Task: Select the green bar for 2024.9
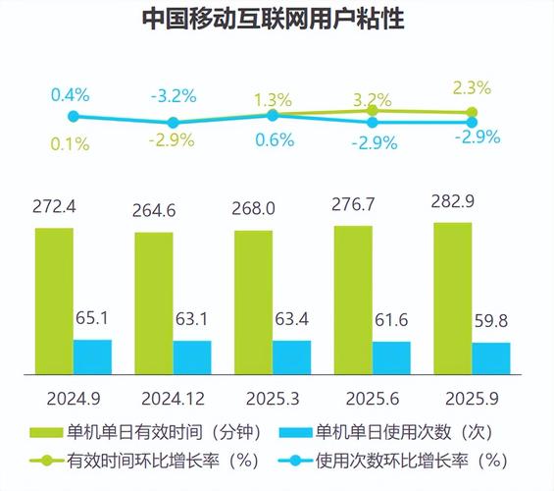pos(53,300)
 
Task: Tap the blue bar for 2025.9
pos(490,357)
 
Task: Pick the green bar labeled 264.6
pos(153,302)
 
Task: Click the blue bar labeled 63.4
pos(291,356)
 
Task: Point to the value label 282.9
pos(453,202)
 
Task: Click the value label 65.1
pos(94,317)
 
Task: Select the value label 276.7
pos(353,206)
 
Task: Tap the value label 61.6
pos(392,320)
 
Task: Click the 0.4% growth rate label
pos(71,95)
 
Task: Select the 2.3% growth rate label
pos(472,89)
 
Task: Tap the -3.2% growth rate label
pos(173,96)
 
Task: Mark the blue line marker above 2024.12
pos(173,123)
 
